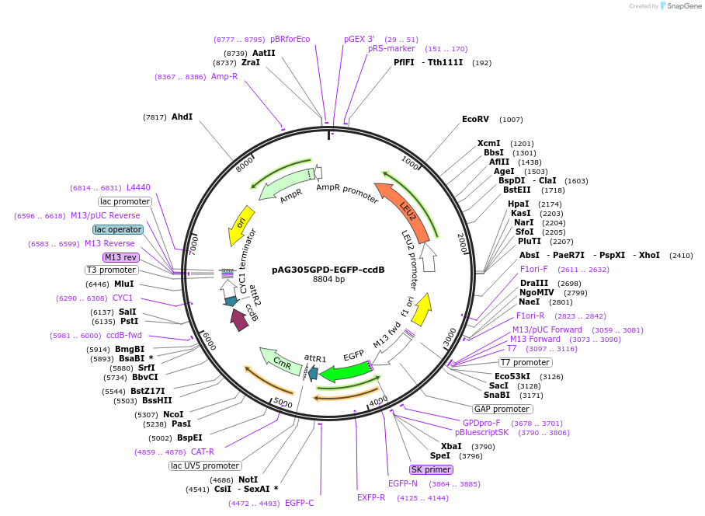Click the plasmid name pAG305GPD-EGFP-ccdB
tap(328, 270)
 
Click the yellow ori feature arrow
tap(241, 225)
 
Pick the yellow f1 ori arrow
tap(421, 309)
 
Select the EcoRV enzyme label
tap(475, 120)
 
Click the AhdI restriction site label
tap(182, 117)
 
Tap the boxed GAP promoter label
tap(502, 409)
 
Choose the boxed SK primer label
tap(431, 469)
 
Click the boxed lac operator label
tap(118, 229)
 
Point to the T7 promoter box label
tap(526, 362)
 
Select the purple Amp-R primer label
tap(224, 76)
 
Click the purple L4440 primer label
tap(138, 187)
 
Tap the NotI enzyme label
tap(248, 480)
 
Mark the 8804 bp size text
tap(328, 280)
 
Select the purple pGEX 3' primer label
tap(359, 39)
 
